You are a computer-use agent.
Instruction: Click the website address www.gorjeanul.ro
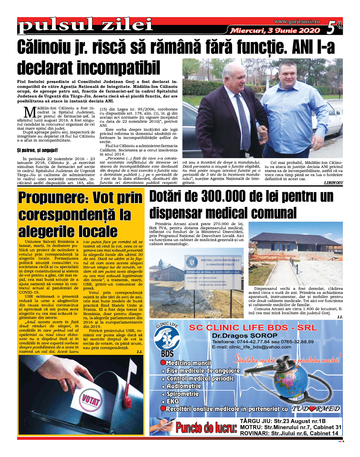point(297,22)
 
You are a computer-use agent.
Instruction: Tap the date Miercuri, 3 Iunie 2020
point(275,30)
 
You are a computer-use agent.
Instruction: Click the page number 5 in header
point(332,28)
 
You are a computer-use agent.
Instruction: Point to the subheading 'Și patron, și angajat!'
point(37,150)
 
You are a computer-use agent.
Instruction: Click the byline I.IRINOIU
point(333,183)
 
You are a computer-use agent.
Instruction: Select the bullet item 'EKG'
point(172,402)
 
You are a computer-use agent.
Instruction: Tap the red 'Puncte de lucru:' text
point(206,427)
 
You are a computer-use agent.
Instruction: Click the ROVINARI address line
point(289,433)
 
